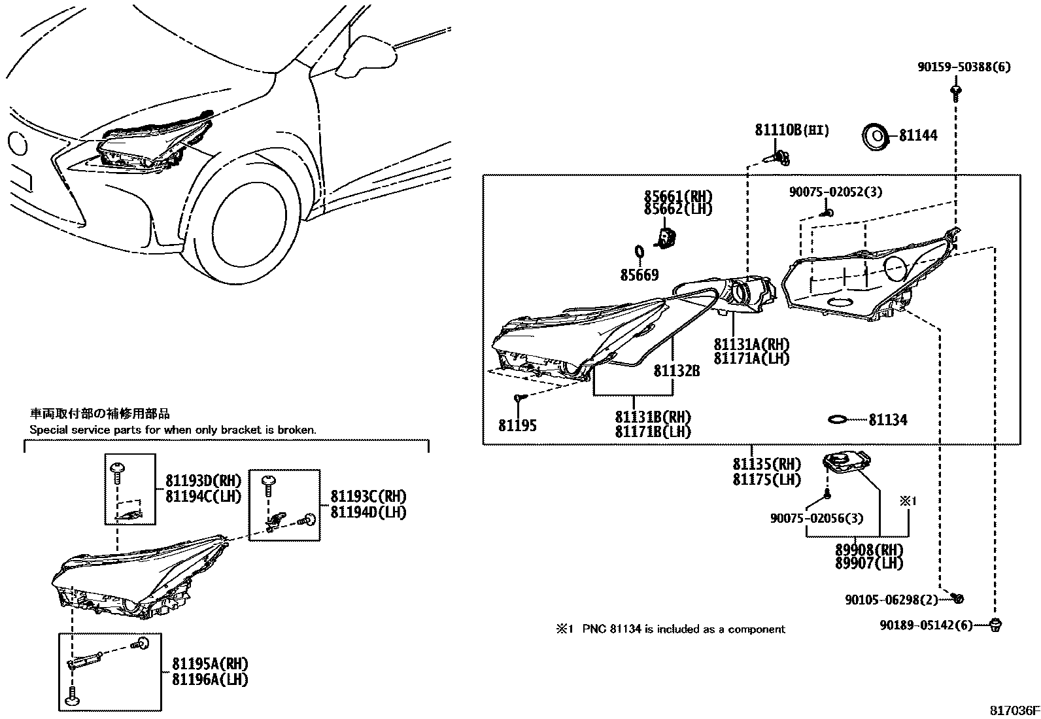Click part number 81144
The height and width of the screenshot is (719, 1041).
918,135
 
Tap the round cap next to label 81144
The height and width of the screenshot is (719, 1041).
875,138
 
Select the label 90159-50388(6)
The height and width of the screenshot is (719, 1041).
964,67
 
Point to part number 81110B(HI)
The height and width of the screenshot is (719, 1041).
792,130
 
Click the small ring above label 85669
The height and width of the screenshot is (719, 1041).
640,252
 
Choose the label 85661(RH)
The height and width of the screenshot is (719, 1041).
677,196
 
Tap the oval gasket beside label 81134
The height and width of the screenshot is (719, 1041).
838,419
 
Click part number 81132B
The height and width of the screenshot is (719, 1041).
677,371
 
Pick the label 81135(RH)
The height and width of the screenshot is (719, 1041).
766,465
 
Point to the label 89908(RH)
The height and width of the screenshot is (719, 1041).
869,550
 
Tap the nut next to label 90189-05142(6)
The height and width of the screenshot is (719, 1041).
996,625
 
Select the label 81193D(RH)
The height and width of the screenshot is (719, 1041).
203,483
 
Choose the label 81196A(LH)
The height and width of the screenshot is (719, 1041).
210,680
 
